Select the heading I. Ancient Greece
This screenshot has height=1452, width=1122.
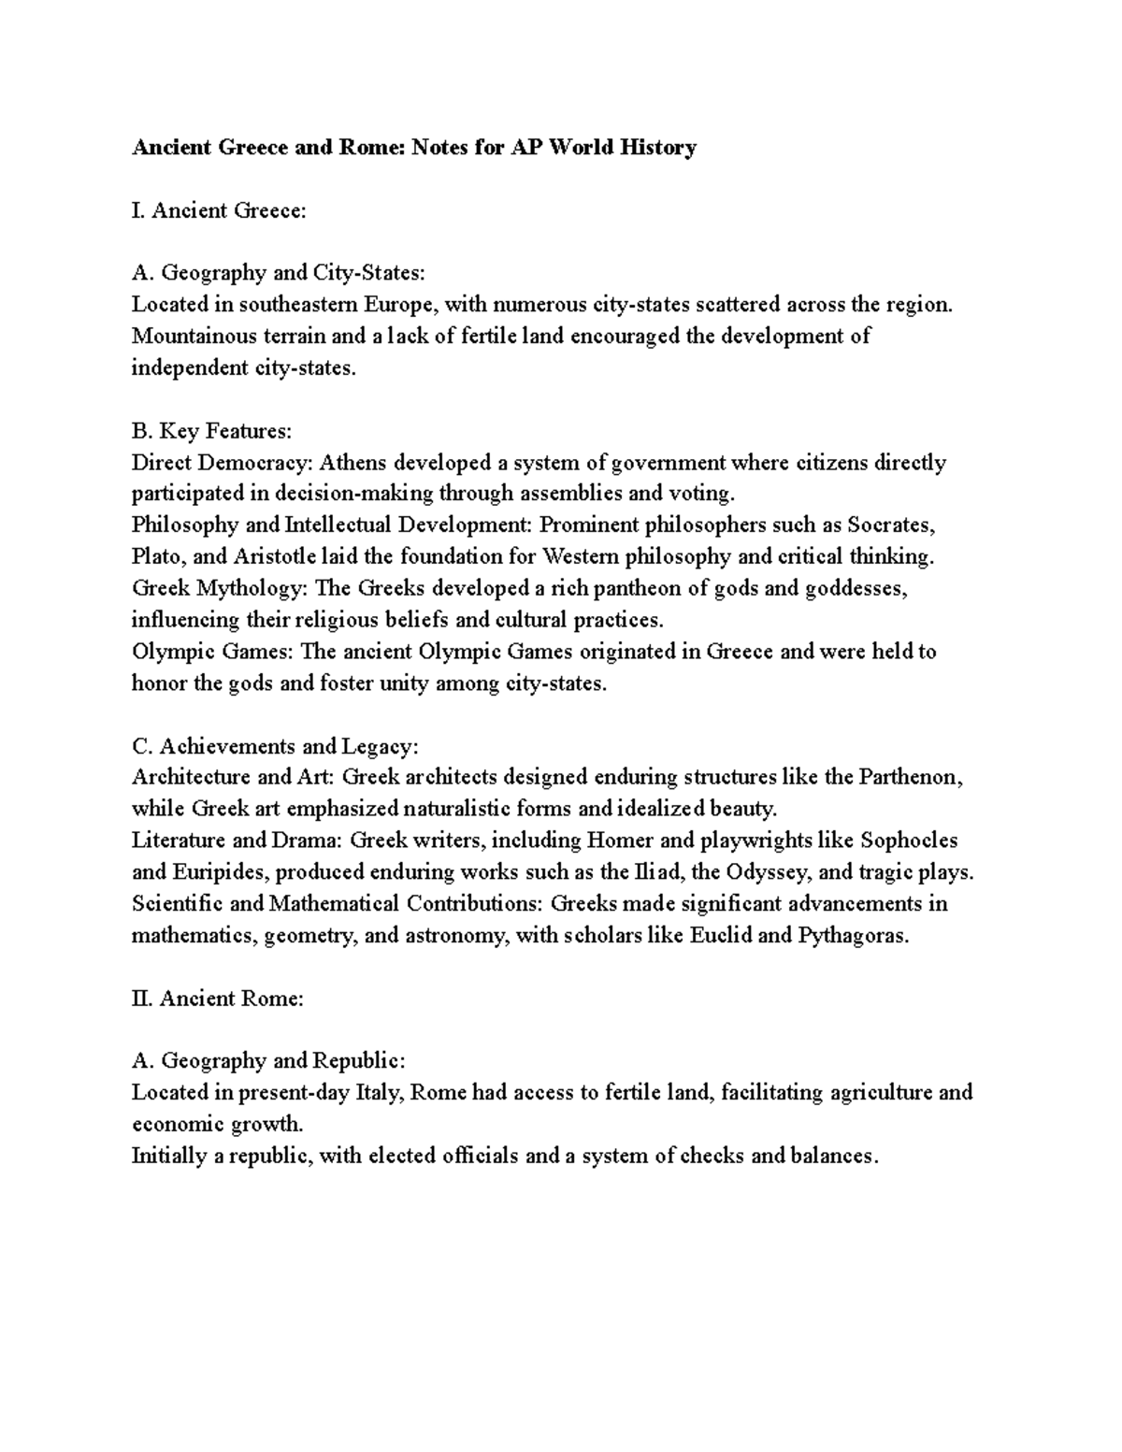click(219, 209)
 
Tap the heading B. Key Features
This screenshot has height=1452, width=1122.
click(211, 431)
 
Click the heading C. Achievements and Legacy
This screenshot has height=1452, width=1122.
click(276, 746)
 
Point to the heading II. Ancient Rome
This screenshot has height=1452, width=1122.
click(218, 998)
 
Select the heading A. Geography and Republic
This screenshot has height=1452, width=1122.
click(268, 1060)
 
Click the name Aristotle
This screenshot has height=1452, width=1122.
click(274, 556)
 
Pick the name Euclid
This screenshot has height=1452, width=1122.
click(720, 935)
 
